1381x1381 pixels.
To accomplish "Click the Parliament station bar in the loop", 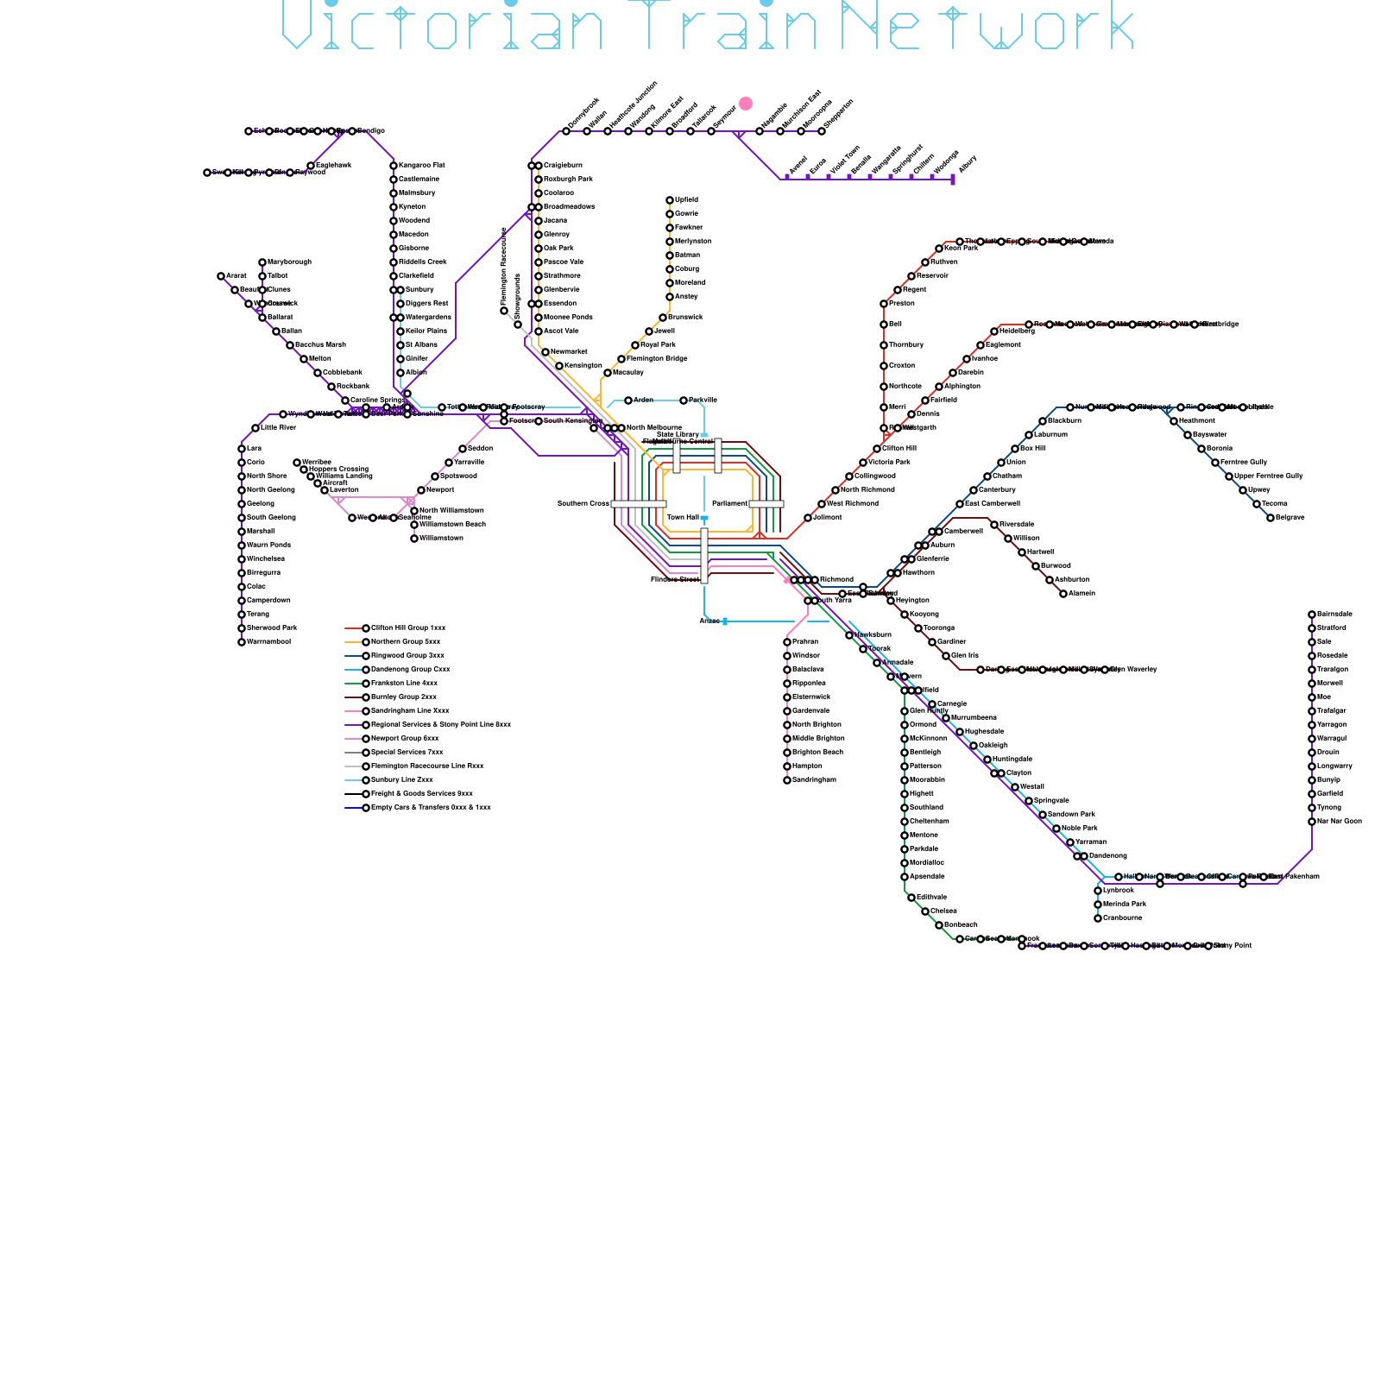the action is pyautogui.click(x=766, y=504).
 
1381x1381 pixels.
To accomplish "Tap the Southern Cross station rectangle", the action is pyautogui.click(x=639, y=504).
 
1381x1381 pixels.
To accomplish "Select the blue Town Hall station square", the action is pyautogui.click(x=704, y=518).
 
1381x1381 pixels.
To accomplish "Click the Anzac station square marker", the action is pyautogui.click(x=724, y=621).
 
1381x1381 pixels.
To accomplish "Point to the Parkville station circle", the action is pyautogui.click(x=684, y=400).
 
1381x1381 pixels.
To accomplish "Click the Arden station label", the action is pyautogui.click(x=644, y=400).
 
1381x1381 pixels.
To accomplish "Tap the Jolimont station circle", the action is pyautogui.click(x=808, y=518).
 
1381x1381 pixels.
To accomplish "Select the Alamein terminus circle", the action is pyautogui.click(x=1063, y=594).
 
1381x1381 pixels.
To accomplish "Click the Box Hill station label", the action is pyautogui.click(x=1032, y=449).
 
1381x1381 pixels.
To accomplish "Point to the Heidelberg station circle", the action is pyautogui.click(x=994, y=331).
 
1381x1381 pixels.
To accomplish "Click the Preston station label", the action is pyautogui.click(x=902, y=304).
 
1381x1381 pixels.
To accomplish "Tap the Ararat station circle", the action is pyautogui.click(x=221, y=276).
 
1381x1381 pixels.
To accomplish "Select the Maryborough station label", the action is pyautogui.click(x=289, y=262).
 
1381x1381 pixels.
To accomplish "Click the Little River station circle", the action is pyautogui.click(x=255, y=428).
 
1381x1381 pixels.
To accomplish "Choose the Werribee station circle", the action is pyautogui.click(x=297, y=463).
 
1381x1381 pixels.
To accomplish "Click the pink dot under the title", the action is pyautogui.click(x=746, y=104).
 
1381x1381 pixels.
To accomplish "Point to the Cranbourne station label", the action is pyautogui.click(x=1122, y=918).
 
